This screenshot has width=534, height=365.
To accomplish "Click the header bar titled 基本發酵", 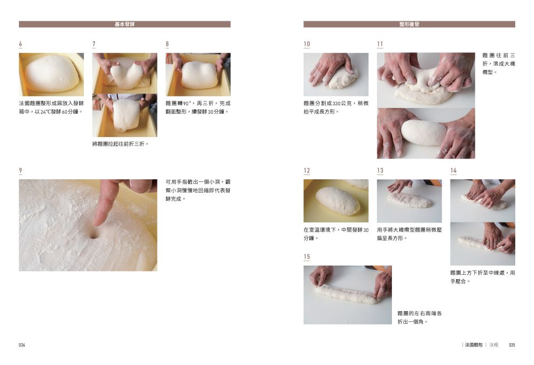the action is [x=124, y=24].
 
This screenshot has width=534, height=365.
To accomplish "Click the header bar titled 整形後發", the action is [x=409, y=24].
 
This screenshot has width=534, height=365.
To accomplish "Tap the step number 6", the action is [x=20, y=44].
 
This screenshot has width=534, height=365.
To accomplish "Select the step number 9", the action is [x=20, y=170].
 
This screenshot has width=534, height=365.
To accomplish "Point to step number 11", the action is [x=380, y=44].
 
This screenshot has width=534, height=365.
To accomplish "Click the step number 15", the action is [x=307, y=257].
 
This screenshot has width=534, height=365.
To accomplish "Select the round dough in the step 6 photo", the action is [x=52, y=74].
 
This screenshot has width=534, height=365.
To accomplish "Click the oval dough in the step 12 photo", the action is [x=337, y=201].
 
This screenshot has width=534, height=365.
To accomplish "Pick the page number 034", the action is [x=22, y=345].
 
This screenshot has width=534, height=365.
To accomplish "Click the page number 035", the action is [x=512, y=345].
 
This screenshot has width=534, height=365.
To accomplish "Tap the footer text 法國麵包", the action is [x=474, y=345].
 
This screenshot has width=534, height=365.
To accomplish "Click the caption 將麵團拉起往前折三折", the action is [x=121, y=144].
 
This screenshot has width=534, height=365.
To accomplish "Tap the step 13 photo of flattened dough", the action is [x=410, y=201].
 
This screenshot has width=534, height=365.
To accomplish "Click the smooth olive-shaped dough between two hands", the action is [x=423, y=132].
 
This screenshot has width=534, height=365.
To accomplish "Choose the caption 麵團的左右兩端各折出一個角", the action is [x=420, y=318].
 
